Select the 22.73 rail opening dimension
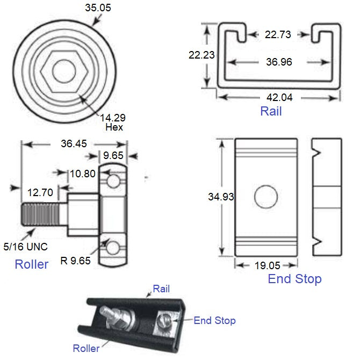click(278, 35)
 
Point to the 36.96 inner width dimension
click(278, 62)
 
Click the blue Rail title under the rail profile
click(271, 112)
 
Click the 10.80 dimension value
click(82, 173)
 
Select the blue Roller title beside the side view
click(31, 264)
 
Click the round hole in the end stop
click(265, 197)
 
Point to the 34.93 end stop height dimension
click(220, 197)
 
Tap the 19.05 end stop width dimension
click(267, 266)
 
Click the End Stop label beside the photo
click(214, 321)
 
